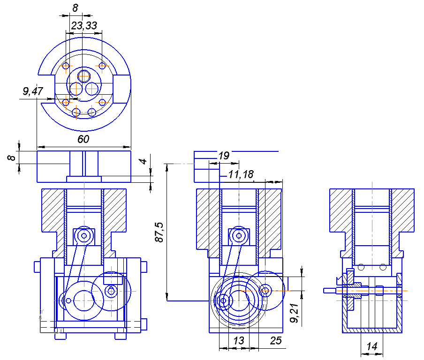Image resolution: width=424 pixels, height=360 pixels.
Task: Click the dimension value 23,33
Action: [84, 26]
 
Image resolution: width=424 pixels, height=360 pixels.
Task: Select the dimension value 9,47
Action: [33, 91]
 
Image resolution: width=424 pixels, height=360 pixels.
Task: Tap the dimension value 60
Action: [83, 139]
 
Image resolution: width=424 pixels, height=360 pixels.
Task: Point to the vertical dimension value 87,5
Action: [159, 232]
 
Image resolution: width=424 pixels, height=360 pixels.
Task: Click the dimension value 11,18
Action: [241, 174]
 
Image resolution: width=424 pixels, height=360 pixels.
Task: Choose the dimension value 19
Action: [224, 156]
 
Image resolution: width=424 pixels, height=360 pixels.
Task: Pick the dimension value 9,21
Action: [295, 313]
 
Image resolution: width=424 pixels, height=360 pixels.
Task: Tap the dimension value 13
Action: [239, 340]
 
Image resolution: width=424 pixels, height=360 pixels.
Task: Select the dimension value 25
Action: [276, 340]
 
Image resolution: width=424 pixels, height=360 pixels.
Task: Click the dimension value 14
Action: [372, 346]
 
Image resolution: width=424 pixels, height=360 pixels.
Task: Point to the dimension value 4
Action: [144, 161]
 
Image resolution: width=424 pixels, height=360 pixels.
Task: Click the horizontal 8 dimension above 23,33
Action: [75, 8]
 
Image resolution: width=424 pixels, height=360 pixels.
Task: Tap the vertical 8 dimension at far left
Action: [11, 157]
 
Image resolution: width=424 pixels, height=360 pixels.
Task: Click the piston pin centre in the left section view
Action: [84, 236]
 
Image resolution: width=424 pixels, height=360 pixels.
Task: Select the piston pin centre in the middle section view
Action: [239, 236]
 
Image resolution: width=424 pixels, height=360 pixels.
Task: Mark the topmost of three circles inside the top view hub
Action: [84, 76]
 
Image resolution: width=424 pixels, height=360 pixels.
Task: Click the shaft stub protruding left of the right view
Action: [330, 291]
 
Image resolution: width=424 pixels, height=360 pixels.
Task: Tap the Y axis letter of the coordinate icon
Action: [42, 312]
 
